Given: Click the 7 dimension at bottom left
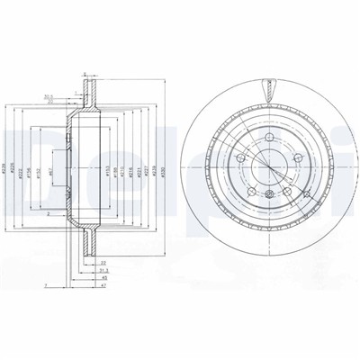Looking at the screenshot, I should [43, 285].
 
